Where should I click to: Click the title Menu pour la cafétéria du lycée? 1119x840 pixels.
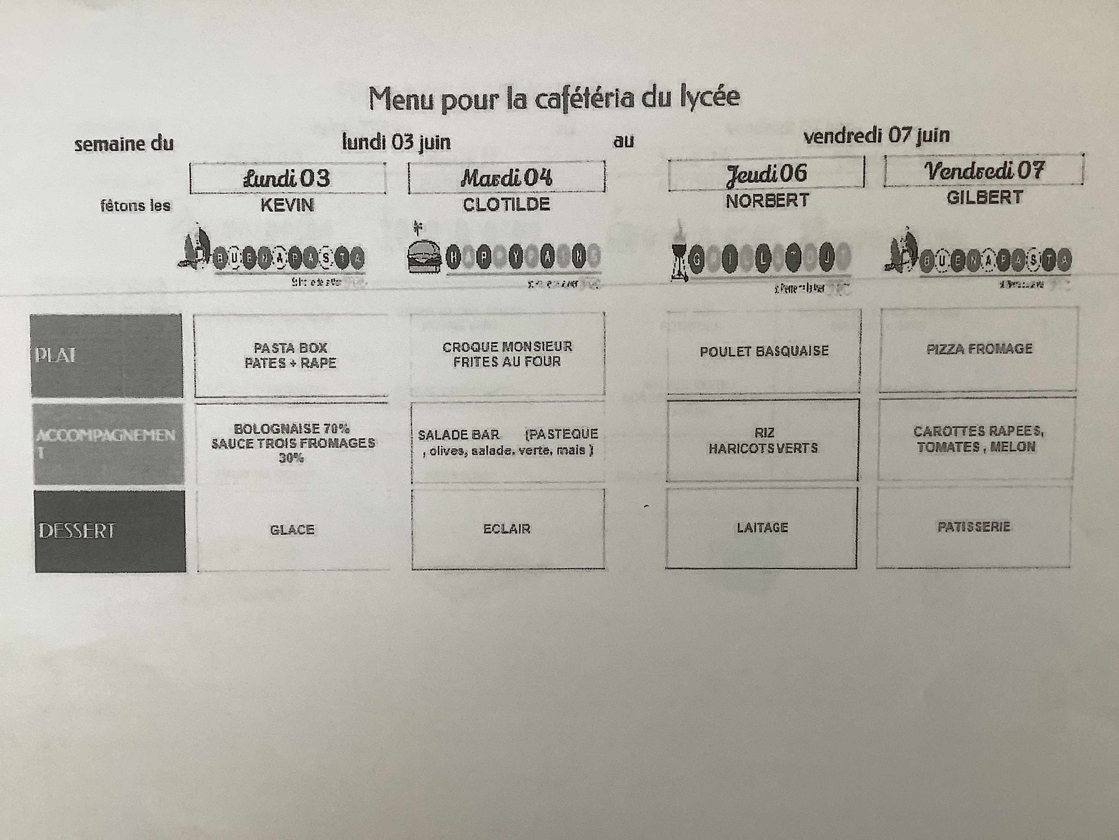point(554,99)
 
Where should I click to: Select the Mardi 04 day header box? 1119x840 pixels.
point(506,177)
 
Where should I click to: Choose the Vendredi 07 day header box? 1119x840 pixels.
point(984,171)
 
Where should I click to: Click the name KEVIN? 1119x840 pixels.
point(287,205)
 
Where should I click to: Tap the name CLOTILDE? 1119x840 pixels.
point(506,205)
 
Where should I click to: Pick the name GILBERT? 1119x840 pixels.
point(984,197)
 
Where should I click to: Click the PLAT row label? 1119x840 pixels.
point(106,355)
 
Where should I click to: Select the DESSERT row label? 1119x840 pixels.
point(110,530)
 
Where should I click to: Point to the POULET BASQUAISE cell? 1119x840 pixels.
point(764,351)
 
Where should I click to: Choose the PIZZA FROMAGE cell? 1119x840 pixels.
point(979,349)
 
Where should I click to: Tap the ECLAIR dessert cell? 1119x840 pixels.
point(507,529)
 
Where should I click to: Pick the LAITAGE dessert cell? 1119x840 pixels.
point(762,528)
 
